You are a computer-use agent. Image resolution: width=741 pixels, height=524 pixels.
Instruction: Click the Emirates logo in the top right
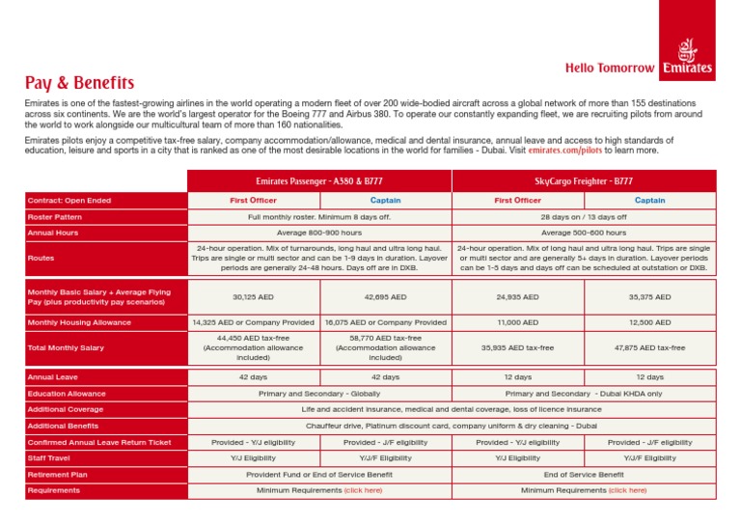688,58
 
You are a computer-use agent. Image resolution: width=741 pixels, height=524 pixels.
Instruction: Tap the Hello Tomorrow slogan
610,69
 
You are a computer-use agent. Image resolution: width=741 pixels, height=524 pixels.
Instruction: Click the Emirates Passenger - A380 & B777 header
318,180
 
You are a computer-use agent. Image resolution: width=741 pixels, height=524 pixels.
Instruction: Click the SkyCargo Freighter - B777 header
583,180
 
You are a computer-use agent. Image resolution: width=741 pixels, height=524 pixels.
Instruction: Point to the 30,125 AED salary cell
253,297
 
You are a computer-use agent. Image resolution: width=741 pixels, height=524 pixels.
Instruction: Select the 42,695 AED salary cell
385,297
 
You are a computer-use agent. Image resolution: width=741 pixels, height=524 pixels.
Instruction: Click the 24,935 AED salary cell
517,297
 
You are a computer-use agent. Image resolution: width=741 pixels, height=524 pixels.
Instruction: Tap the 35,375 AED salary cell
649,297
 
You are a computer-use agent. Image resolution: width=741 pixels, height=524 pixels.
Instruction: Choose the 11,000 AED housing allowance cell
517,322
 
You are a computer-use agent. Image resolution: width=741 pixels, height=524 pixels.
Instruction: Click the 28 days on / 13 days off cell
583,217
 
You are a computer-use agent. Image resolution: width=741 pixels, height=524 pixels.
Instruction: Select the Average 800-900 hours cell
318,233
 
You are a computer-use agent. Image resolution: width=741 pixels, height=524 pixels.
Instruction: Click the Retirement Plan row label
59,475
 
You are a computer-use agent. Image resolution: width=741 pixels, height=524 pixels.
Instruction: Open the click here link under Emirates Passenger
363,490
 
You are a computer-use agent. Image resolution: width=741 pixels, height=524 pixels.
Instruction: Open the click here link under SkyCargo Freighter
627,490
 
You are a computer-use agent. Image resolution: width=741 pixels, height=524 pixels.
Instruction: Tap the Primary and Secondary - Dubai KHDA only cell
583,394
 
